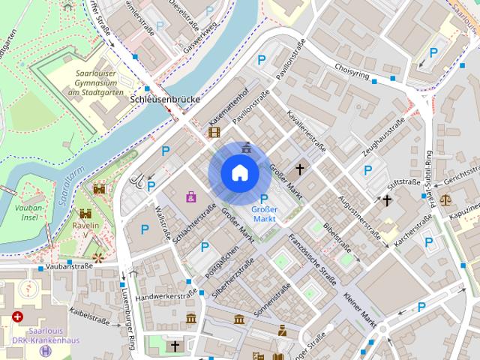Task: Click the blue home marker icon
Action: point(239,172)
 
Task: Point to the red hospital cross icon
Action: point(16,318)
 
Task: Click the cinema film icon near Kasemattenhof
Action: point(215,132)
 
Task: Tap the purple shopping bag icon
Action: point(191,196)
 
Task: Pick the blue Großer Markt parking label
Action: point(265,214)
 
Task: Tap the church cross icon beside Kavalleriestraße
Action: point(301,169)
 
